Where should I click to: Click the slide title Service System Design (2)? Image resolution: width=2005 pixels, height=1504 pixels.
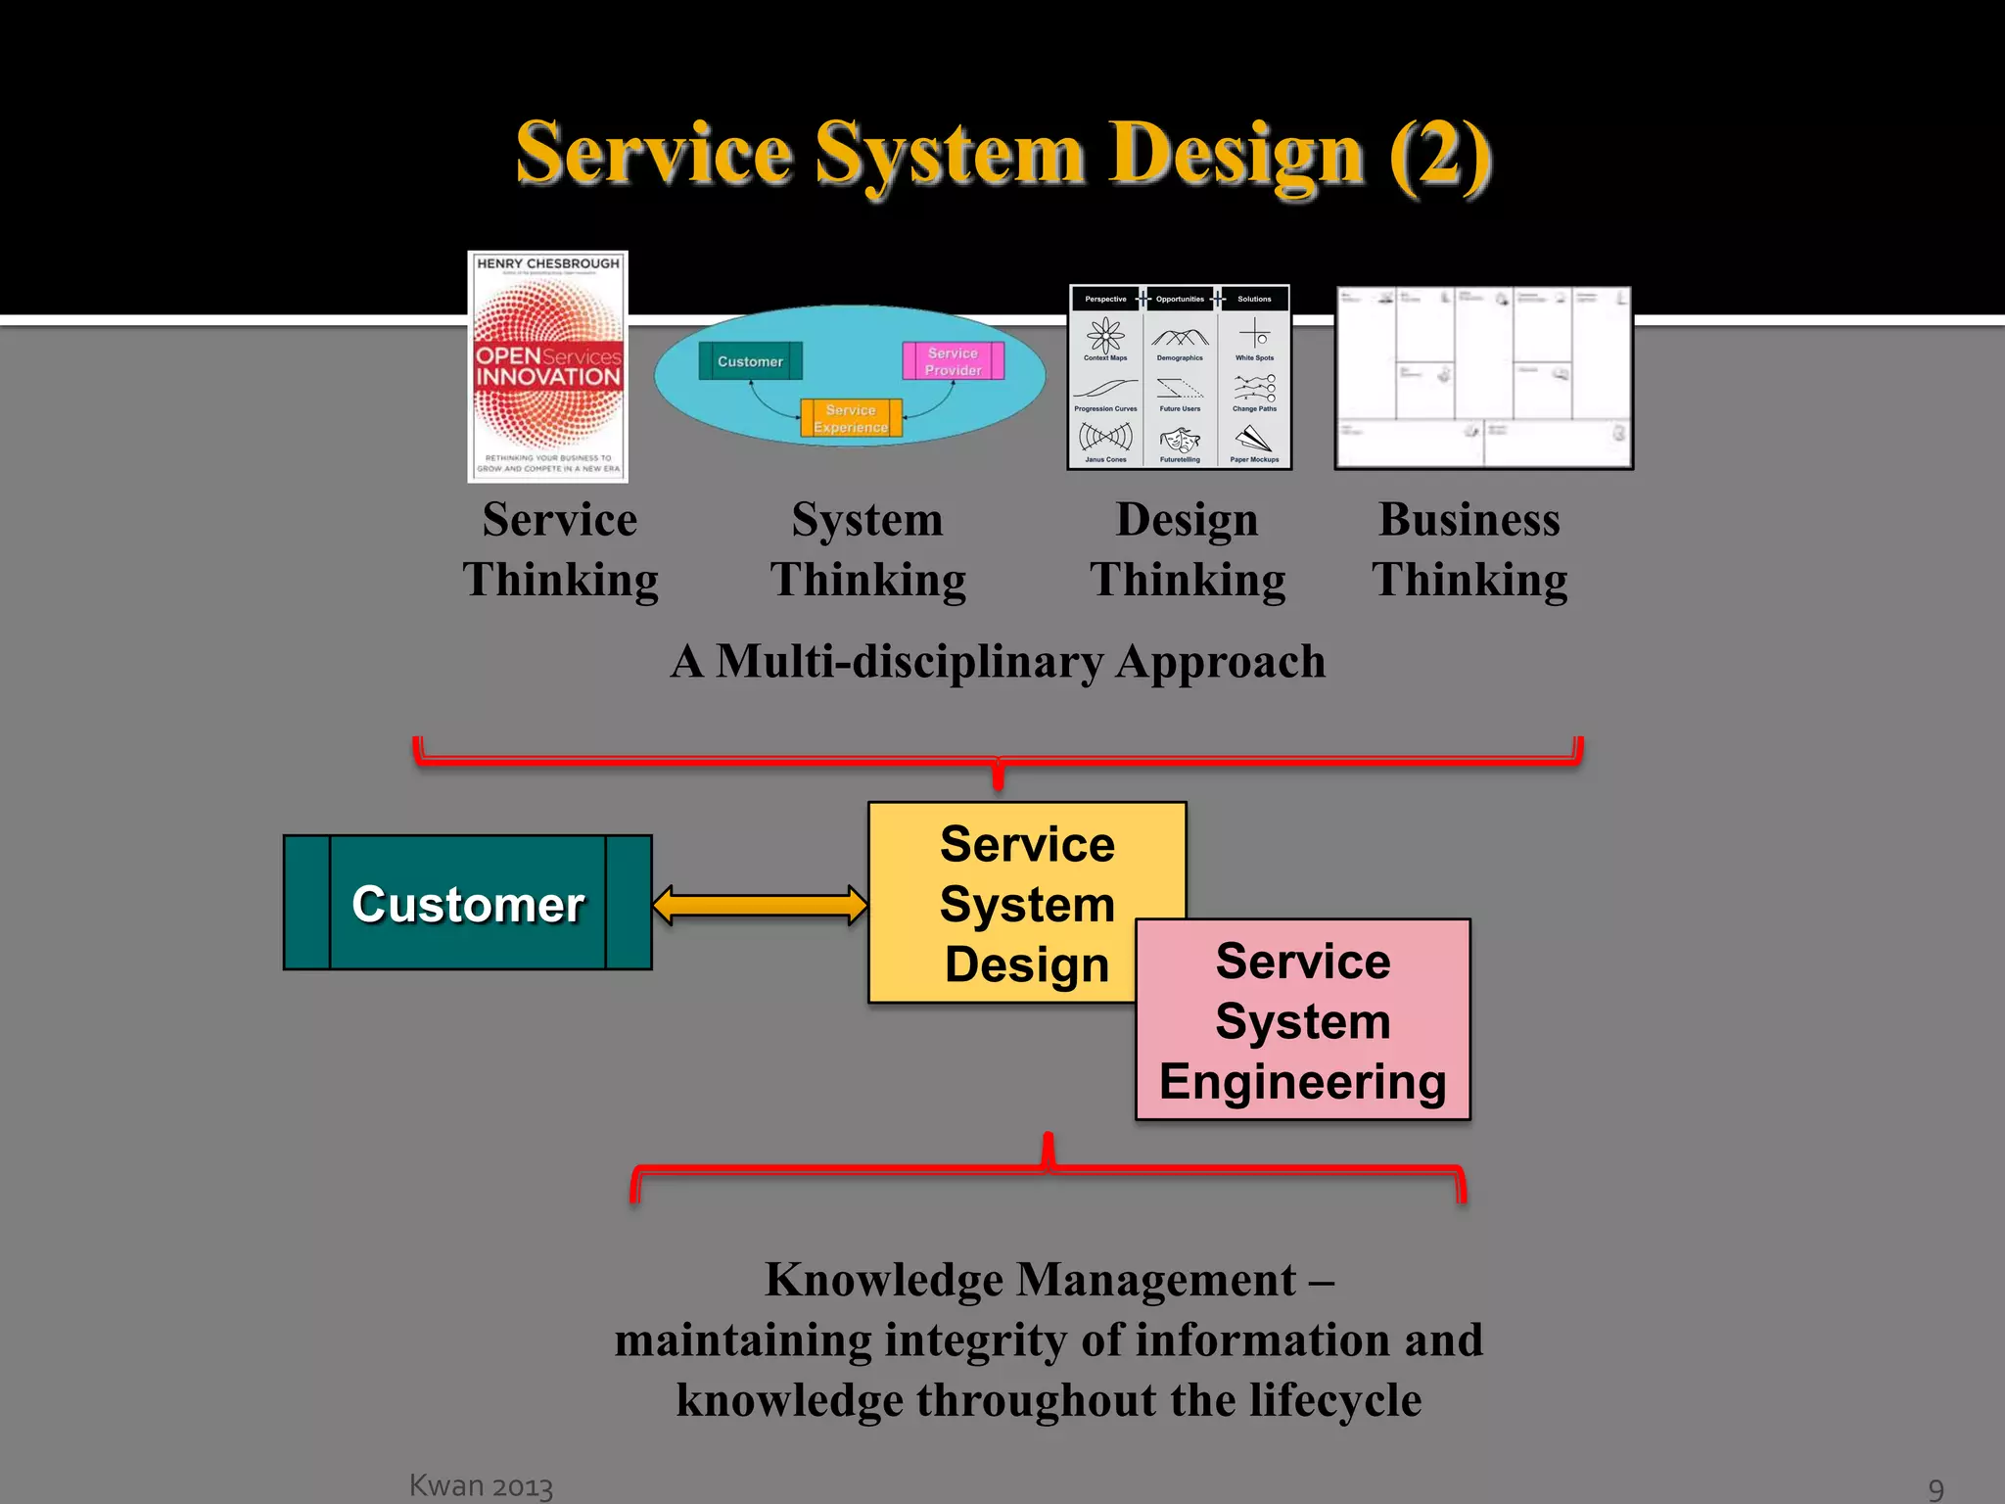(1003, 154)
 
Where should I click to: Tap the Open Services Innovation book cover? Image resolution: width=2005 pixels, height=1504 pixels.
(547, 367)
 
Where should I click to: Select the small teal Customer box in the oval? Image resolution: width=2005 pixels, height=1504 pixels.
(750, 361)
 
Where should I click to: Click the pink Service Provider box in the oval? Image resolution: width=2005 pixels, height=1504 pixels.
(953, 361)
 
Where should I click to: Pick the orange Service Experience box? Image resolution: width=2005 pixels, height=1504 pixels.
(851, 419)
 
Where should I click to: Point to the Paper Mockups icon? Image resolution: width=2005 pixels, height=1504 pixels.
(1254, 440)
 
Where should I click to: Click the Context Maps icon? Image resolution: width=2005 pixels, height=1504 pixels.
(1105, 336)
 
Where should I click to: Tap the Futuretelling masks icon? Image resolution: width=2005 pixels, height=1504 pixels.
(1180, 440)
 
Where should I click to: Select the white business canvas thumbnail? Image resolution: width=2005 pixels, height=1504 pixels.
(1483, 378)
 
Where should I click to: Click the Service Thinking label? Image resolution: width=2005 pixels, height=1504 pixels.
(560, 549)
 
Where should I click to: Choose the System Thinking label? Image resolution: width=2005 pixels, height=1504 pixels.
(867, 549)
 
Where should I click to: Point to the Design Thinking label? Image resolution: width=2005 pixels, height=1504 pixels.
(1188, 549)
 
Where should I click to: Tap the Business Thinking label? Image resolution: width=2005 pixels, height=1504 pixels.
(1469, 549)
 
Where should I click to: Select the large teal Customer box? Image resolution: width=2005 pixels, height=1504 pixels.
(468, 903)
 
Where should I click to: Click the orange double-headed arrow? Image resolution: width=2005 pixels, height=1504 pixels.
(760, 905)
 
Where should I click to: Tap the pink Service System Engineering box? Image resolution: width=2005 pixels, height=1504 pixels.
(1303, 1021)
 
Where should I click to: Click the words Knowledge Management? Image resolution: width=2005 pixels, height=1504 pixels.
(1030, 1280)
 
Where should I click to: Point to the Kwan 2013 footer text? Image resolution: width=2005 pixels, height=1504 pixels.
(481, 1485)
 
